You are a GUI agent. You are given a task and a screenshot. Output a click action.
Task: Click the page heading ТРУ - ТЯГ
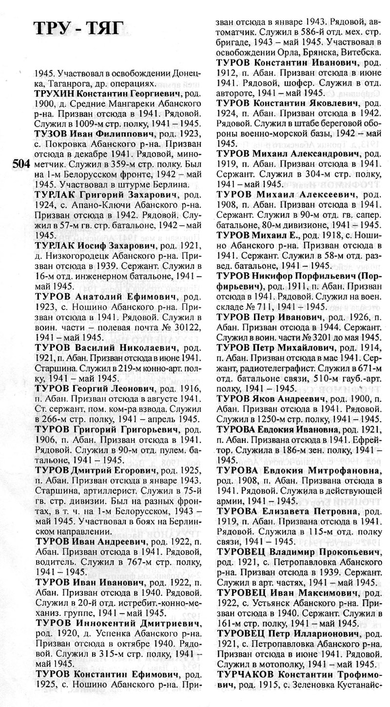[75, 30]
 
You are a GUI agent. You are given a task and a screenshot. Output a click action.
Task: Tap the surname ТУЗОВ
[50, 134]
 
